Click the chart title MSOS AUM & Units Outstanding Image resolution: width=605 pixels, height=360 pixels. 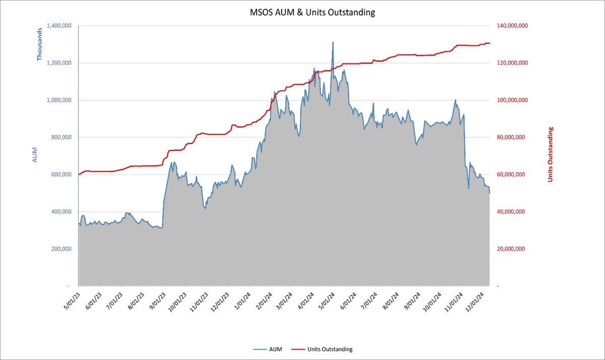[x=313, y=12]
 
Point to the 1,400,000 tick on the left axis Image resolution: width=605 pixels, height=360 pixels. [x=59, y=26]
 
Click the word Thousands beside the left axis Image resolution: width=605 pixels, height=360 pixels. [x=39, y=44]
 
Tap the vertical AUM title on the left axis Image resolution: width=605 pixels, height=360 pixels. [x=35, y=156]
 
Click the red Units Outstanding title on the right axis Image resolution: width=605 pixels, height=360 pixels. [x=551, y=155]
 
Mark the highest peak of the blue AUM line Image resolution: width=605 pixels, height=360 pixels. [x=333, y=42]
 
